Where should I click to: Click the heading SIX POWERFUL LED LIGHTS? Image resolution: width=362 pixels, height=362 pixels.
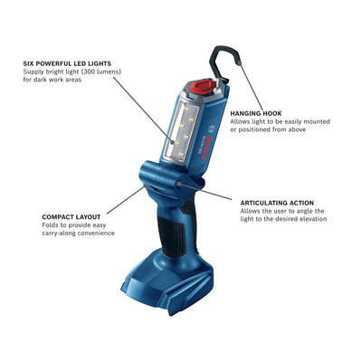pos(67,63)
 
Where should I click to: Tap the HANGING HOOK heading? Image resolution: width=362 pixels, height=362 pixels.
pos(256,113)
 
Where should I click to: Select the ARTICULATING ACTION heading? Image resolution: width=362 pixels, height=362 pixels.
pos(277,203)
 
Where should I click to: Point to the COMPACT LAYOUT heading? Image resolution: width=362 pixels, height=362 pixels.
pos(71,217)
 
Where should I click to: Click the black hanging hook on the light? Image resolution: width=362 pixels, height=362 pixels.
pos(224,62)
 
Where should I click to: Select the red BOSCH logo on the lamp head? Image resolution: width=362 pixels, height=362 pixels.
pos(207,148)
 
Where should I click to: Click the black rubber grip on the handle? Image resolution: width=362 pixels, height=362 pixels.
pos(172,235)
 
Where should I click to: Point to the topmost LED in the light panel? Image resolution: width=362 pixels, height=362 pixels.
pos(186,109)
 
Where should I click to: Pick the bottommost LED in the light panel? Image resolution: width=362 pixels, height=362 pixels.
pos(181,154)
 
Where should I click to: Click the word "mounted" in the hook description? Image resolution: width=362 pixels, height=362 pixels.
pos(317,121)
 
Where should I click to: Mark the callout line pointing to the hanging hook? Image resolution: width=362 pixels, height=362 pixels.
pos(252,86)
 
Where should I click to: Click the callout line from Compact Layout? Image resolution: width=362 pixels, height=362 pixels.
pos(126,199)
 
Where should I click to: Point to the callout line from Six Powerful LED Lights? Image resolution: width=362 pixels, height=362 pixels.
pos(143,110)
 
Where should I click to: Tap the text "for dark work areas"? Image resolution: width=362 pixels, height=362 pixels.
pos(52,80)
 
